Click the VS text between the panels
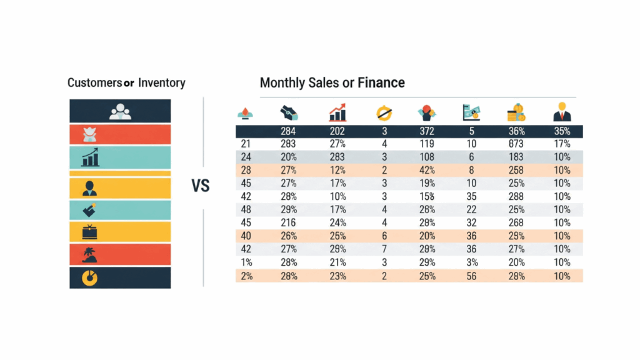point(200,186)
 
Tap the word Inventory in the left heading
point(162,82)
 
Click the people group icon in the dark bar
point(120,111)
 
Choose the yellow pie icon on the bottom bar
point(91,277)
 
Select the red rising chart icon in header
point(337,113)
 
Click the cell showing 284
point(289,131)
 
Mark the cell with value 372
point(427,131)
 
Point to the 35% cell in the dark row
point(562,131)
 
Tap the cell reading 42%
point(427,171)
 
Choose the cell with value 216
point(289,223)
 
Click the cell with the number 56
point(472,276)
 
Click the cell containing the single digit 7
point(383,249)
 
